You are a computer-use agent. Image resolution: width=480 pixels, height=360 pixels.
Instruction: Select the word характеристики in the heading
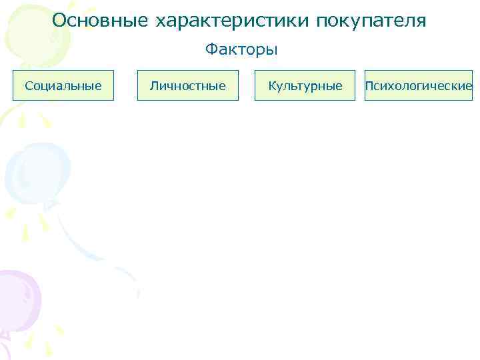(233, 21)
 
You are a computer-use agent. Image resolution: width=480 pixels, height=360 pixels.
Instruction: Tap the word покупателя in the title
(371, 21)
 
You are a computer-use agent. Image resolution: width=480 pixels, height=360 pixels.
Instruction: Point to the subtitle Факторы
(241, 50)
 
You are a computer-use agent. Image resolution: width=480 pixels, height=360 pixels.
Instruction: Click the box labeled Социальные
(63, 85)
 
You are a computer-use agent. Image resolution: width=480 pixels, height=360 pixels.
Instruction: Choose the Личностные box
(188, 85)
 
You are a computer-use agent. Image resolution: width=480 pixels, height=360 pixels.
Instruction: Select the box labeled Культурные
(305, 85)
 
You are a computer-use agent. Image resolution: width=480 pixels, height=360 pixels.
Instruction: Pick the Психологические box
(419, 85)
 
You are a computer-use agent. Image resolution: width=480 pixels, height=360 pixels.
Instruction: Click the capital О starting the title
(59, 21)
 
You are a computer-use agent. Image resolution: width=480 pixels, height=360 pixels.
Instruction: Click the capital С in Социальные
(28, 85)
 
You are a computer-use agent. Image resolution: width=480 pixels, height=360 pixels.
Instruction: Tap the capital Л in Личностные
(154, 85)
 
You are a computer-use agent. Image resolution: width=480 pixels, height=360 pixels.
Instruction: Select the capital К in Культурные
(271, 85)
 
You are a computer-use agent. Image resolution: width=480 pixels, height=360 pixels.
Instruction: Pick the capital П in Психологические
(369, 85)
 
